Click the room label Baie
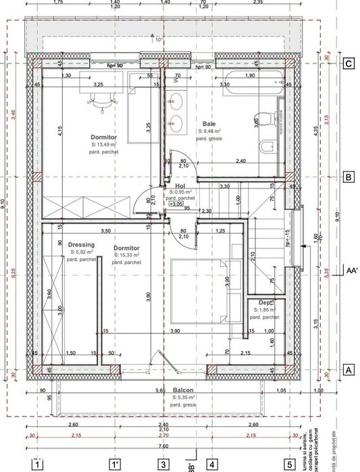(x=209, y=124)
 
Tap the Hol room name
(x=180, y=186)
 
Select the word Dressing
(x=81, y=244)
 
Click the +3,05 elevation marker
(x=176, y=203)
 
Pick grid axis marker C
(x=349, y=64)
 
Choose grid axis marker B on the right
(x=349, y=178)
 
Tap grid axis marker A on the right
(x=349, y=370)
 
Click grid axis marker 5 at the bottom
(x=290, y=464)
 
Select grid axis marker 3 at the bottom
(x=163, y=464)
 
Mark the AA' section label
(x=351, y=268)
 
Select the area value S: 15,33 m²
(x=126, y=256)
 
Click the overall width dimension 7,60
(x=163, y=446)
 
